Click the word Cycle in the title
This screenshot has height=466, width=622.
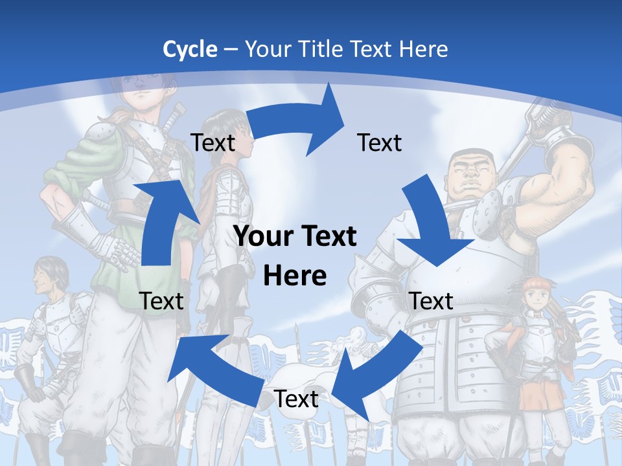point(190,49)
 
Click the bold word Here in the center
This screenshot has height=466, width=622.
point(295,276)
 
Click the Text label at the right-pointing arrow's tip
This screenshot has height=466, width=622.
point(380,143)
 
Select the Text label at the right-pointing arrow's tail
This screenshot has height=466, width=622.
point(213,143)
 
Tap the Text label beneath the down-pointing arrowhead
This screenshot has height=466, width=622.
point(432,301)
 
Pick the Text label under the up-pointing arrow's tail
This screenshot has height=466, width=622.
point(161,301)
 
